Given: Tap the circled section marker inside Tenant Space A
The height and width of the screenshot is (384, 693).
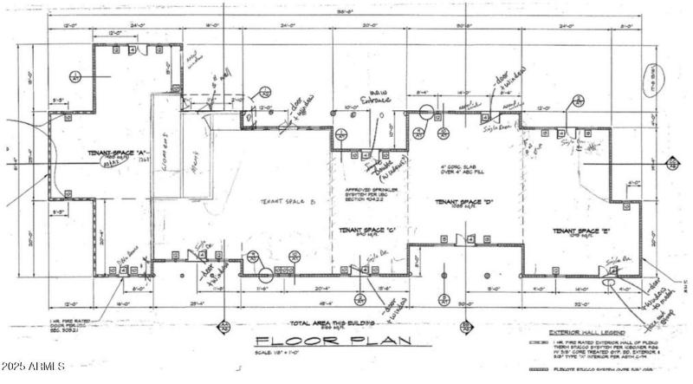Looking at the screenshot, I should tap(75, 75).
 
